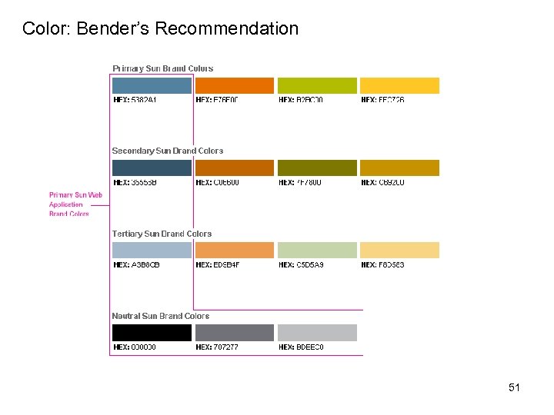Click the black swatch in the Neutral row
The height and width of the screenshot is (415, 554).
tap(152, 333)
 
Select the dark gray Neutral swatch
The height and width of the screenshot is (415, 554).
tap(235, 333)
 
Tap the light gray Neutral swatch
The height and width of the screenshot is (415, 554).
tap(317, 333)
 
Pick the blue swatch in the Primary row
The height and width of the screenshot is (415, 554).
tap(152, 85)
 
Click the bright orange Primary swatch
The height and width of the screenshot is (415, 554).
tap(235, 85)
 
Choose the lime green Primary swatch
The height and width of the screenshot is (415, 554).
tap(317, 85)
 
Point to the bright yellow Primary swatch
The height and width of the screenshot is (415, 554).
tap(399, 85)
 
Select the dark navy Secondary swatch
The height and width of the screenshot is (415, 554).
tap(152, 168)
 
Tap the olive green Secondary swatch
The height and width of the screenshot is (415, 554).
tap(317, 168)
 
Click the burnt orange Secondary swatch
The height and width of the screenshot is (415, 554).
tap(235, 168)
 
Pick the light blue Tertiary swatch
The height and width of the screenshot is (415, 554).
tap(152, 250)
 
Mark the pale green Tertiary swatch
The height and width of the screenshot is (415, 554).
tap(317, 250)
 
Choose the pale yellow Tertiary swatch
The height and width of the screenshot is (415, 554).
tap(399, 250)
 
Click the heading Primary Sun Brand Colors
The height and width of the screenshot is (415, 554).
tap(162, 68)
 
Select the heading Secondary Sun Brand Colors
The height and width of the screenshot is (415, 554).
tap(168, 151)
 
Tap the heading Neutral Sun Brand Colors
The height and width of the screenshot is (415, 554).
tap(160, 316)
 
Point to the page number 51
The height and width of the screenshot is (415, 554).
tap(514, 387)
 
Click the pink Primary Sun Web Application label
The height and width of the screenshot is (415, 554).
tap(75, 204)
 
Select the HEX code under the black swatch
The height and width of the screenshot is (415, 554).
tap(135, 347)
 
